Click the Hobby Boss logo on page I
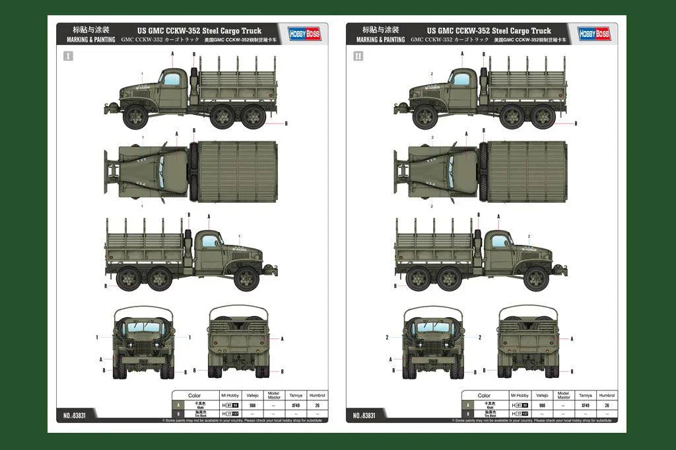click(x=304, y=33)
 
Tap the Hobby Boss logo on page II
click(x=594, y=33)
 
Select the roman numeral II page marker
click(x=358, y=56)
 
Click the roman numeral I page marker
click(x=68, y=56)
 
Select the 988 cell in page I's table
click(x=252, y=405)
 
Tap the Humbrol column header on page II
click(x=607, y=395)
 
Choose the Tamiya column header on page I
click(x=295, y=395)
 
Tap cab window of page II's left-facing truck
click(x=461, y=79)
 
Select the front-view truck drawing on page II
click(x=434, y=342)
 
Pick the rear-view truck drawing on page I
click(x=238, y=342)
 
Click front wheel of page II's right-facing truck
click(x=536, y=278)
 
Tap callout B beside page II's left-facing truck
click(x=575, y=123)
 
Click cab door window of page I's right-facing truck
click(x=210, y=241)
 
